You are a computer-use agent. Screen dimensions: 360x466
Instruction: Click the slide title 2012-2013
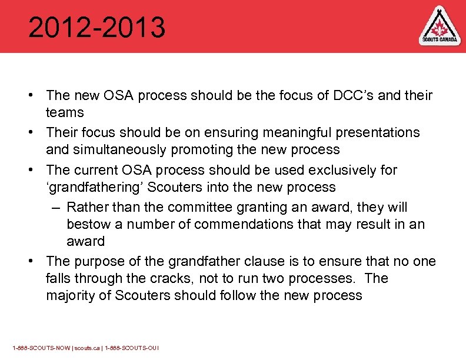pos(97,28)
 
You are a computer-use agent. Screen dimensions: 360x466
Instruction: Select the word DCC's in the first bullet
pos(349,95)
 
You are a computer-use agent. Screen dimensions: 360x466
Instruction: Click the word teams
pos(65,112)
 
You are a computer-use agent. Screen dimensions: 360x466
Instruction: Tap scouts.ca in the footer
pos(87,348)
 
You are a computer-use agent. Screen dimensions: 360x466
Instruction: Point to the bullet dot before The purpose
pos(36,262)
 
